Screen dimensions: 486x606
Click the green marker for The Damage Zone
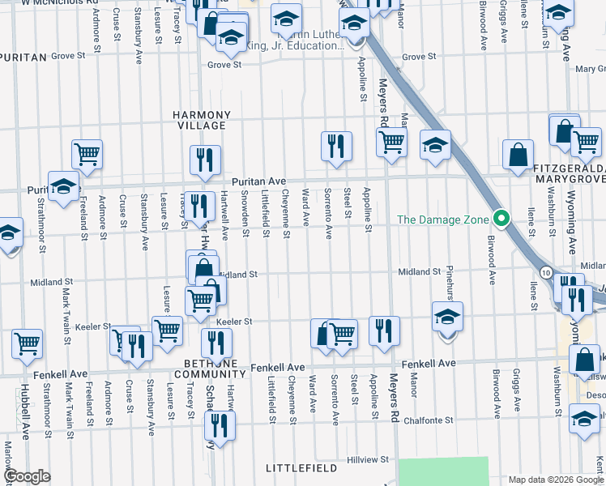tap(501, 220)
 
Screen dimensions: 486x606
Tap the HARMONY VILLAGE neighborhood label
tap(202, 121)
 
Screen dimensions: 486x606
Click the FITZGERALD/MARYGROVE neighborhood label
tap(570, 173)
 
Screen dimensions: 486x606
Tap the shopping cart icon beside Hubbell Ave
tap(28, 343)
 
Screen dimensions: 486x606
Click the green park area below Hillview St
tap(444, 471)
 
